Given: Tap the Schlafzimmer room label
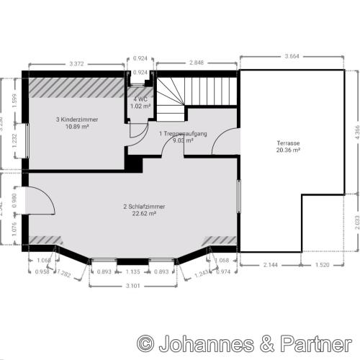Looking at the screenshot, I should tap(144, 206).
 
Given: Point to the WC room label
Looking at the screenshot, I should tap(140, 99).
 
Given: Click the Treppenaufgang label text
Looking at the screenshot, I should tap(184, 134).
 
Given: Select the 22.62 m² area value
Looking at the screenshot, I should tap(144, 213).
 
